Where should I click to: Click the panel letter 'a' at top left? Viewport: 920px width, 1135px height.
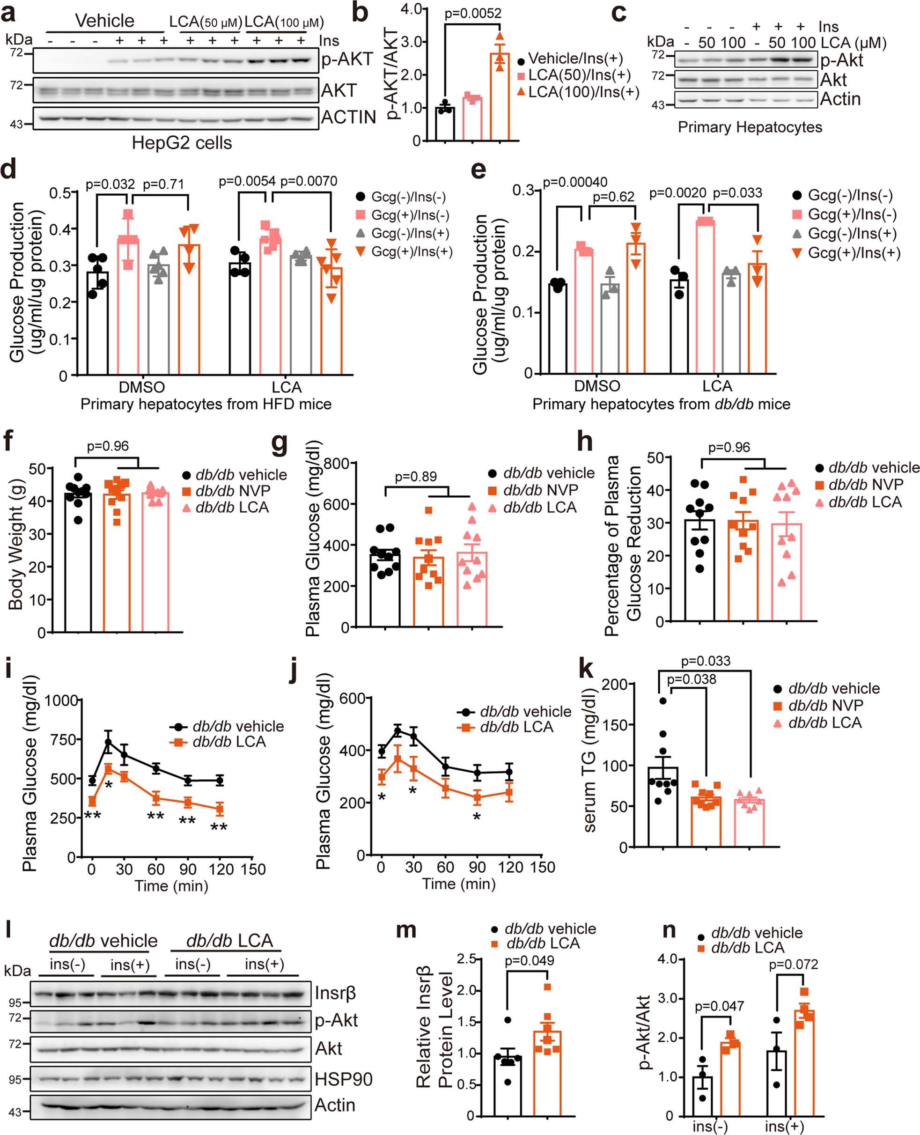coord(8,13)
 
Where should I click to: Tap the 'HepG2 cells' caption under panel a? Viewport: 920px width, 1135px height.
coord(181,143)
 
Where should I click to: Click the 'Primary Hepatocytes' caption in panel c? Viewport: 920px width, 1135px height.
coord(750,127)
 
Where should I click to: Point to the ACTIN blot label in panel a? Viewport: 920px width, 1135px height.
coord(348,118)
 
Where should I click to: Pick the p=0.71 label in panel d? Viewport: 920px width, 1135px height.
coord(164,184)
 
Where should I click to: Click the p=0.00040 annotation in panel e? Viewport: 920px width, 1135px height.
coord(575,182)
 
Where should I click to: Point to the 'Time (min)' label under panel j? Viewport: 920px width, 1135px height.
coord(458,884)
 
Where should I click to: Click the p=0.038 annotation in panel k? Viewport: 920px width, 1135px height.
coord(691,679)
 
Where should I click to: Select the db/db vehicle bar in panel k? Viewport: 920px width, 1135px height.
coord(663,806)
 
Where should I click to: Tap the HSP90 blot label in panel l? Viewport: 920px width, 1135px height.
coord(343,1079)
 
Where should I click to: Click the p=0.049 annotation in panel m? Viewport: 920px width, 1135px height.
coord(530,960)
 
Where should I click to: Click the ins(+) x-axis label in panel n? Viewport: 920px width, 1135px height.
coord(784,1127)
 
